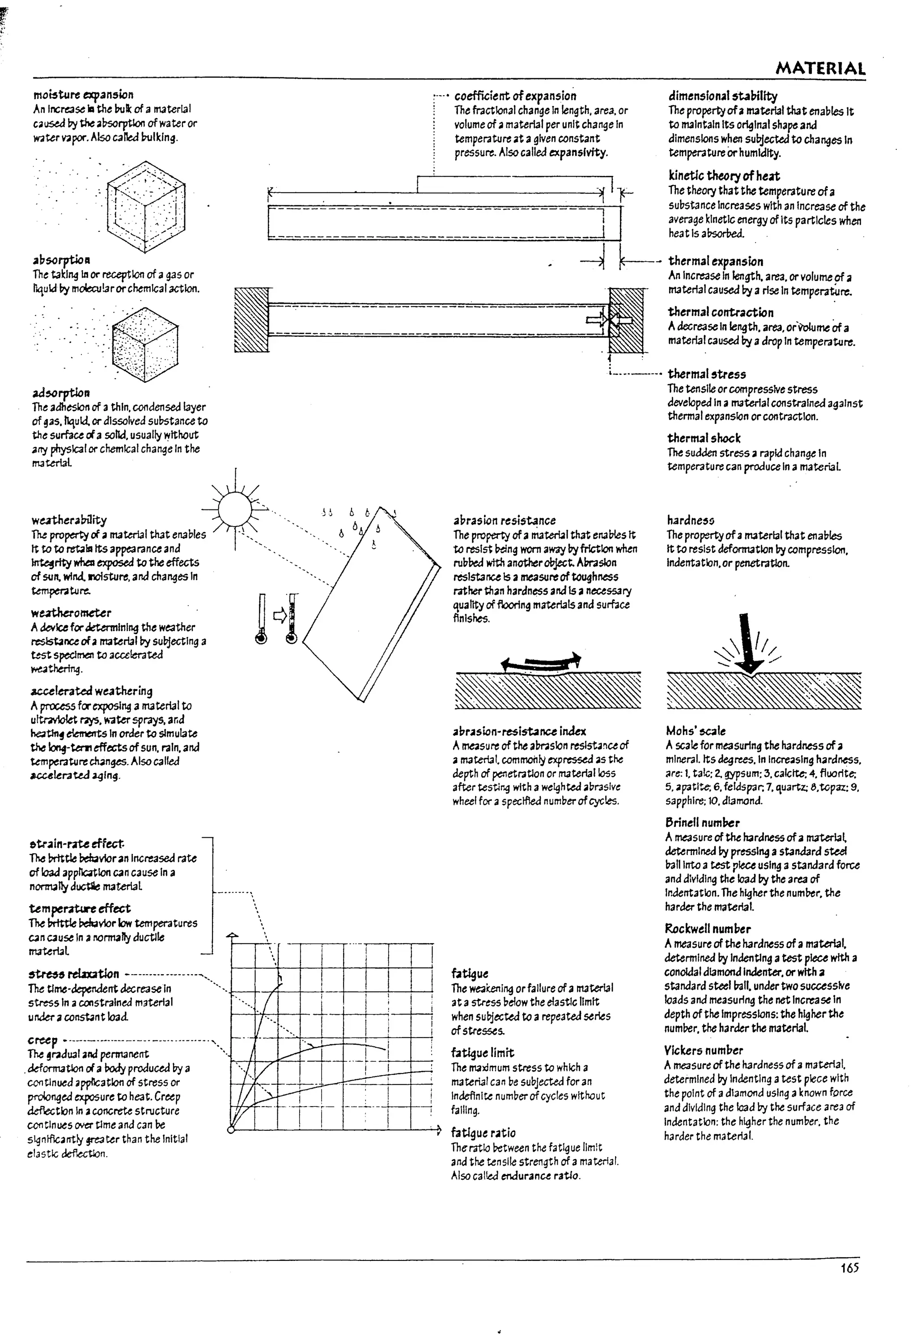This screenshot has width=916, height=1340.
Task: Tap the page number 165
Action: pyautogui.click(x=849, y=1268)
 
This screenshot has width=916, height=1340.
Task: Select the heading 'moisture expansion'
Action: pyautogui.click(x=83, y=94)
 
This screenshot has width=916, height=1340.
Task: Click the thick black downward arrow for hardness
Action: pyautogui.click(x=748, y=641)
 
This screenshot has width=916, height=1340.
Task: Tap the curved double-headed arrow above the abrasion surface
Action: pyautogui.click(x=541, y=662)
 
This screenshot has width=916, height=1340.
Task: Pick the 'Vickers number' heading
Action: pyautogui.click(x=703, y=1050)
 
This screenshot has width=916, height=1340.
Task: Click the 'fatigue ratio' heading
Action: pyautogui.click(x=483, y=1132)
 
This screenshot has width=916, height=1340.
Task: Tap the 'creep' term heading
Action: pyautogui.click(x=42, y=1041)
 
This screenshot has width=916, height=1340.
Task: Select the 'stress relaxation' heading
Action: pyautogui.click(x=74, y=974)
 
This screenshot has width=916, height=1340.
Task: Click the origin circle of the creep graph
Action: pyautogui.click(x=231, y=1129)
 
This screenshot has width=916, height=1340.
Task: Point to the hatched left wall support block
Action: pyautogui.click(x=251, y=319)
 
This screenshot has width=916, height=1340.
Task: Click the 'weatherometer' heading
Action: pyautogui.click(x=71, y=612)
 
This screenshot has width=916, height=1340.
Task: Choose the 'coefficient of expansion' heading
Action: pyautogui.click(x=515, y=96)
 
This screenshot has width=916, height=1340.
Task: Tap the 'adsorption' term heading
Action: pyautogui.click(x=61, y=393)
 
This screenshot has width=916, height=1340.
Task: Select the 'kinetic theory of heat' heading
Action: pyautogui.click(x=724, y=176)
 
